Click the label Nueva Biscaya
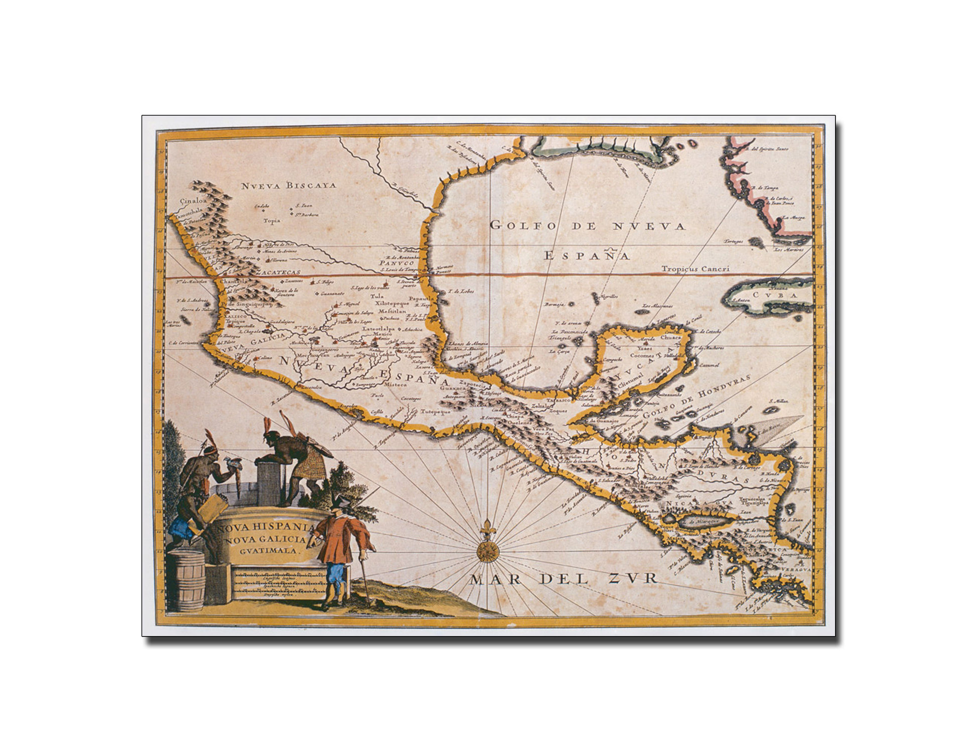pyautogui.click(x=288, y=186)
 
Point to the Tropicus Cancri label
pyautogui.click(x=694, y=269)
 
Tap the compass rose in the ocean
pyautogui.click(x=487, y=551)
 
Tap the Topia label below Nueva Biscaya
pyautogui.click(x=271, y=220)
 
